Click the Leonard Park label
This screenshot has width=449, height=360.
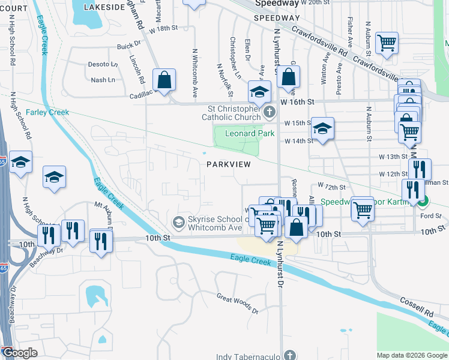point(249,133)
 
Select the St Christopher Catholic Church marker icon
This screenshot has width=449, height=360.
point(270,111)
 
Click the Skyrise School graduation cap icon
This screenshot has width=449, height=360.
point(178,222)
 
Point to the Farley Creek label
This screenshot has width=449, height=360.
point(47,112)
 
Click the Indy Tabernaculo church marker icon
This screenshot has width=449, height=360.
point(290,355)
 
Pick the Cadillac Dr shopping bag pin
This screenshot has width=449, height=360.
point(163,80)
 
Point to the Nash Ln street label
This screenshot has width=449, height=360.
point(103,80)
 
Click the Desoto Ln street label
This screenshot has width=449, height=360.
point(103,64)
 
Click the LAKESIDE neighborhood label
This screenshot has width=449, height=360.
point(99,7)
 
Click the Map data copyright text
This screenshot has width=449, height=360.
point(411,355)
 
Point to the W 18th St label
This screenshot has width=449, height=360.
point(164,28)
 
